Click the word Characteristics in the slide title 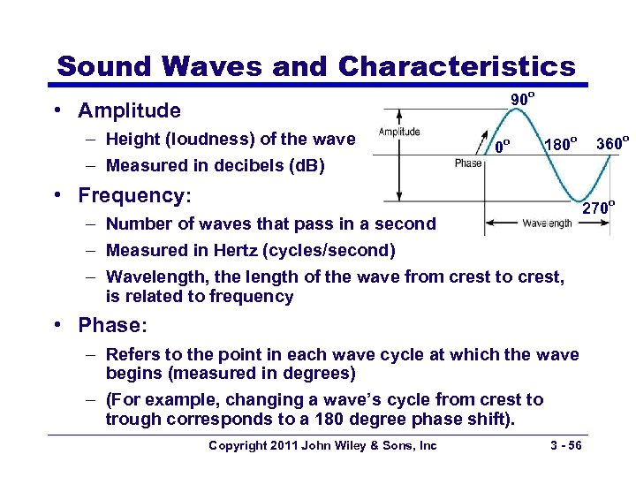pyautogui.click(x=456, y=66)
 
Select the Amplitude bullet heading pyautogui.click(x=129, y=110)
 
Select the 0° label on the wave pyautogui.click(x=502, y=145)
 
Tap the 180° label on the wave pyautogui.click(x=561, y=143)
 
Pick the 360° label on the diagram pyautogui.click(x=612, y=142)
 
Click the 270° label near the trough pyautogui.click(x=598, y=209)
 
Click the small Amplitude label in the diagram pyautogui.click(x=399, y=132)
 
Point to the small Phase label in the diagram pyautogui.click(x=468, y=163)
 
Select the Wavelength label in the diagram pyautogui.click(x=547, y=224)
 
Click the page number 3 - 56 pyautogui.click(x=564, y=445)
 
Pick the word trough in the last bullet pyautogui.click(x=131, y=419)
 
